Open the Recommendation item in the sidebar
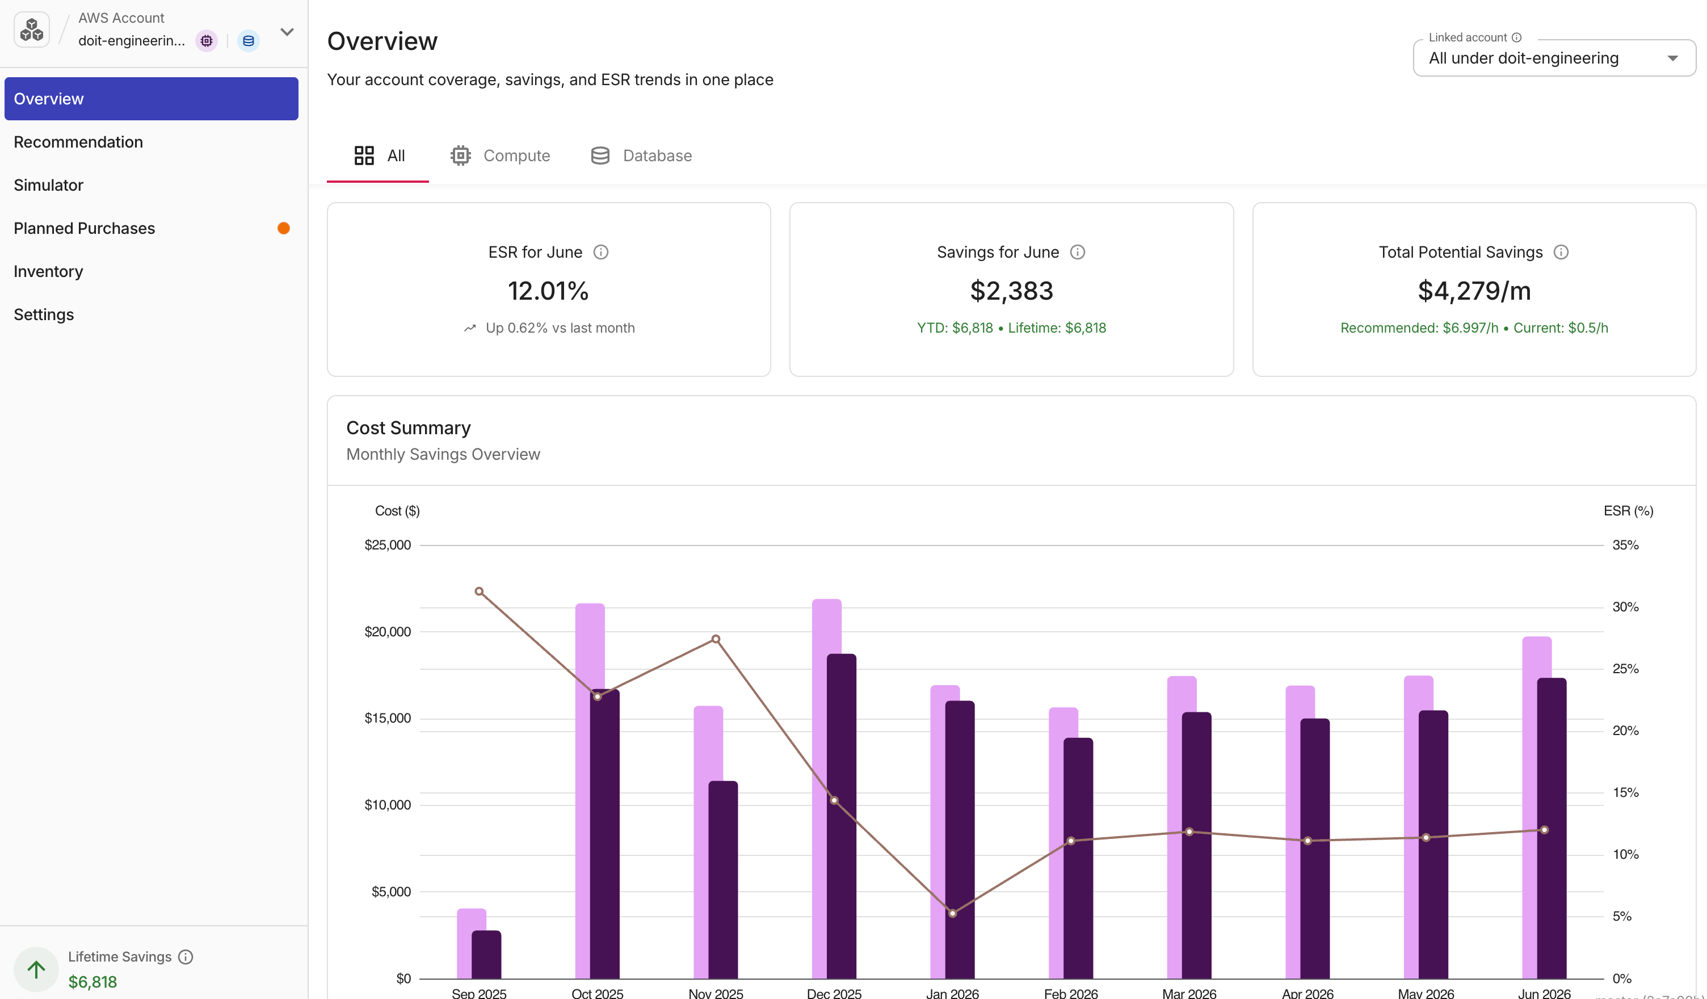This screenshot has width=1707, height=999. tap(78, 142)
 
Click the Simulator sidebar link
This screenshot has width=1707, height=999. tap(48, 185)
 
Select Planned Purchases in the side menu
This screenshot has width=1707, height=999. tap(84, 228)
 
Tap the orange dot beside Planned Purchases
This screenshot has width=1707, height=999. tap(284, 228)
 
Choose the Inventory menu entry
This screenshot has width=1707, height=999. tap(48, 271)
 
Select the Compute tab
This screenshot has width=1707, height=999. tap(500, 156)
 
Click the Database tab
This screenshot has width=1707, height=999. tap(641, 156)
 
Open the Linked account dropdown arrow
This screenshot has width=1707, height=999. tap(1672, 58)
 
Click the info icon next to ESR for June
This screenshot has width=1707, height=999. tap(601, 252)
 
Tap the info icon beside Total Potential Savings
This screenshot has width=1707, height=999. tap(1561, 252)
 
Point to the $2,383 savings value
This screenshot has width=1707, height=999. tap(1011, 291)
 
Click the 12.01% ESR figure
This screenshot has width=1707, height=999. tap(548, 291)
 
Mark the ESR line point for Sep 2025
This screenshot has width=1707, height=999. tap(479, 591)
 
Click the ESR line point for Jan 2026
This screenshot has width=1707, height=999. tap(952, 913)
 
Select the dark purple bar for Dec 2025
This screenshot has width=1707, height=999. tap(842, 816)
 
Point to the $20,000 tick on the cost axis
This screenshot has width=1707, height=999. tap(388, 632)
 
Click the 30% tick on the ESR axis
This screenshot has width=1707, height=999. tap(1625, 607)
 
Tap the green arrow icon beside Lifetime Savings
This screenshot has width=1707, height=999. tap(36, 969)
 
